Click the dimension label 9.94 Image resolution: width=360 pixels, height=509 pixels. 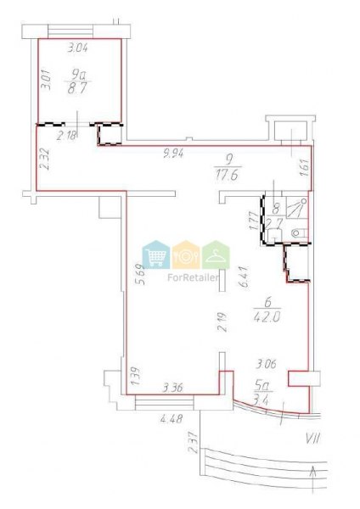(x=174, y=152)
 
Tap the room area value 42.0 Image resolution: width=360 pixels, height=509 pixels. (x=267, y=316)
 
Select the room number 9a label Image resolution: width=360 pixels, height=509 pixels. (x=78, y=76)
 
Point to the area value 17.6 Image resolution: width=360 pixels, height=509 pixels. (x=227, y=176)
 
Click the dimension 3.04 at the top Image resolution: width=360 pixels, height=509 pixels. (x=77, y=48)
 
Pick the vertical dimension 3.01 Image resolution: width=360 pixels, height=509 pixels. (x=47, y=79)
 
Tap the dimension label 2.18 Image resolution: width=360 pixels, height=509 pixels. (x=67, y=135)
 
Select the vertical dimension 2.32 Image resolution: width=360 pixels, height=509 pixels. (x=44, y=159)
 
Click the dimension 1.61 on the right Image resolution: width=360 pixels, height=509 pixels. (x=304, y=167)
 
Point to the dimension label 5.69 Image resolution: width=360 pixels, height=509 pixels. (x=140, y=275)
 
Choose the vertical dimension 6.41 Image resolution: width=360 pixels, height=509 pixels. (x=244, y=277)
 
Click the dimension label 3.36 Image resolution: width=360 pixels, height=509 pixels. (x=173, y=387)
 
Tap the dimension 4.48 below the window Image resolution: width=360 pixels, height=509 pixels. (x=172, y=419)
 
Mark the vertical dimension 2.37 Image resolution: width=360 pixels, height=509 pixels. (x=194, y=442)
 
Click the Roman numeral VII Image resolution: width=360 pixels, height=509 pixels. (x=312, y=439)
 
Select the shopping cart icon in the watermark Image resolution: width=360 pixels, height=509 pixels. (x=156, y=255)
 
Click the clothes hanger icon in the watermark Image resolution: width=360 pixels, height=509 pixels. (x=216, y=255)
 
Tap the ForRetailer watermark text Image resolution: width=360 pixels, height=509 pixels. (x=193, y=277)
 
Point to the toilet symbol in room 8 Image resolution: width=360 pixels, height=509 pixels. (x=299, y=232)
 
